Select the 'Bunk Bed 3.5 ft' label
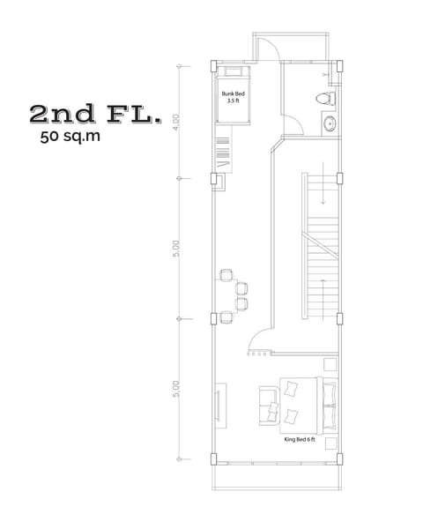233,96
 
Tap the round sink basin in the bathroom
329,123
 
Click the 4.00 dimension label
177,121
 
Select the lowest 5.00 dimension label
177,389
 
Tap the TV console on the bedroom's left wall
219,404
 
